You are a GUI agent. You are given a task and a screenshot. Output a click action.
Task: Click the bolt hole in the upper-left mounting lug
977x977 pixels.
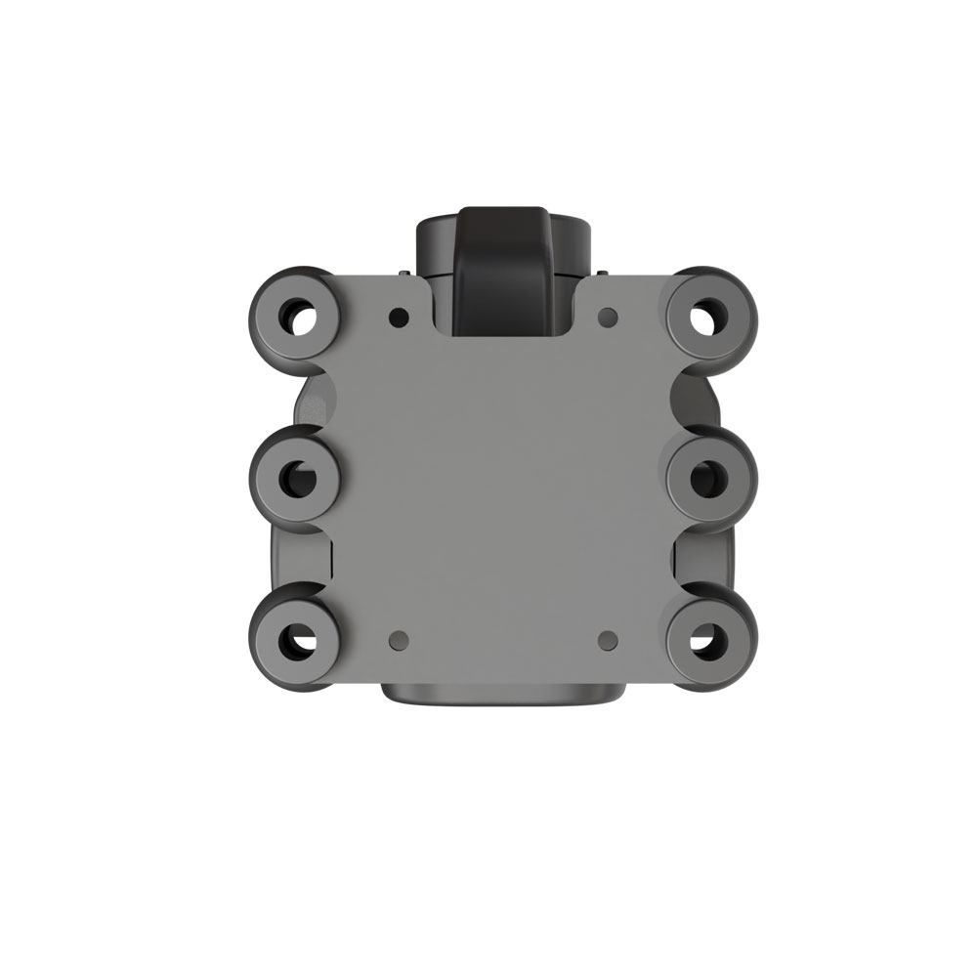pyautogui.click(x=299, y=316)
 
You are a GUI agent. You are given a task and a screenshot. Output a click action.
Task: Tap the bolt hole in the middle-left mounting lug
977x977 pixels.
pyautogui.click(x=296, y=478)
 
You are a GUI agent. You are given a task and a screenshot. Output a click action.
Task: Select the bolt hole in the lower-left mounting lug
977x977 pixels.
pyautogui.click(x=296, y=641)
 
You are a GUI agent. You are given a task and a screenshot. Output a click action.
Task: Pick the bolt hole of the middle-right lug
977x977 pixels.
pyautogui.click(x=707, y=478)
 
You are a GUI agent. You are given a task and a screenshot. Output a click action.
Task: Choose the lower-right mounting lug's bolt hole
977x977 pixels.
pyautogui.click(x=707, y=641)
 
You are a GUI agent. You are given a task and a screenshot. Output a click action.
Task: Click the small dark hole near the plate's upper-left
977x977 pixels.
pyautogui.click(x=398, y=318)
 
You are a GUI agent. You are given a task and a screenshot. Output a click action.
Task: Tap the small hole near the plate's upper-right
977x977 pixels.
pyautogui.click(x=607, y=317)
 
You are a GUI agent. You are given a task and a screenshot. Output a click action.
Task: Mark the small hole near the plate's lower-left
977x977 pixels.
pyautogui.click(x=398, y=640)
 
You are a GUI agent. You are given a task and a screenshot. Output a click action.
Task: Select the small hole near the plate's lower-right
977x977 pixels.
pyautogui.click(x=607, y=640)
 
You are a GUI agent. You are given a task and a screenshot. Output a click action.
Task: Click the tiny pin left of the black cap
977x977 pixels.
pyautogui.click(x=403, y=273)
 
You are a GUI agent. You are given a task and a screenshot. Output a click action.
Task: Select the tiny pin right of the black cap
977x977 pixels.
pyautogui.click(x=603, y=273)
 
